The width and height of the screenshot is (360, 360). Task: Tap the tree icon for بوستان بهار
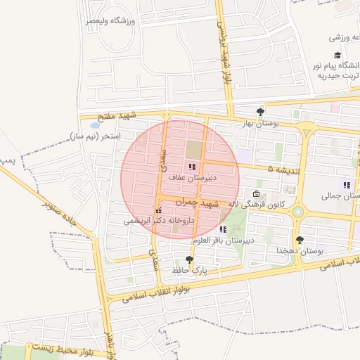click(x=261, y=111)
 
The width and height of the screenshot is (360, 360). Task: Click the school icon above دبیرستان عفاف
click(x=192, y=167)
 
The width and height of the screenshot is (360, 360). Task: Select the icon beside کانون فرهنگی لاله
click(x=257, y=195)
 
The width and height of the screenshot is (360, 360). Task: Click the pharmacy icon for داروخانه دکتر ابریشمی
click(x=159, y=210)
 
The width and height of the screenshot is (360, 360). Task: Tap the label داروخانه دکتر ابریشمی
click(x=158, y=220)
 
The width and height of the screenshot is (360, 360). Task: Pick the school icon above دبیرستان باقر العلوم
click(x=223, y=229)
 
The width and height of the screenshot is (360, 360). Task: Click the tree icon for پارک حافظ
click(x=188, y=259)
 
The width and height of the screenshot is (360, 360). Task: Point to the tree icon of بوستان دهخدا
click(x=300, y=240)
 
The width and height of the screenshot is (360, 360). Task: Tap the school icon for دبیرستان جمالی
click(x=345, y=184)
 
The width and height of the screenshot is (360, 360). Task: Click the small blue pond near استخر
click(x=95, y=125)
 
